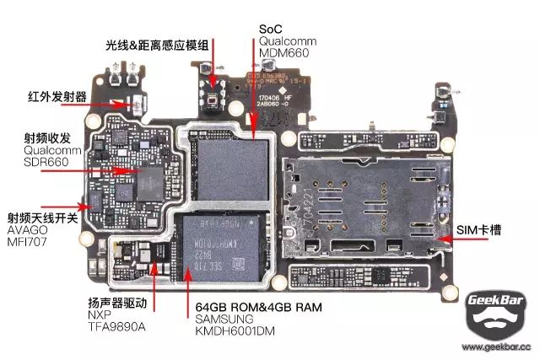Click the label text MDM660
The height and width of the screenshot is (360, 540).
[284, 52]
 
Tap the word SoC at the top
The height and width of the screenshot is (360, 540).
[271, 28]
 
